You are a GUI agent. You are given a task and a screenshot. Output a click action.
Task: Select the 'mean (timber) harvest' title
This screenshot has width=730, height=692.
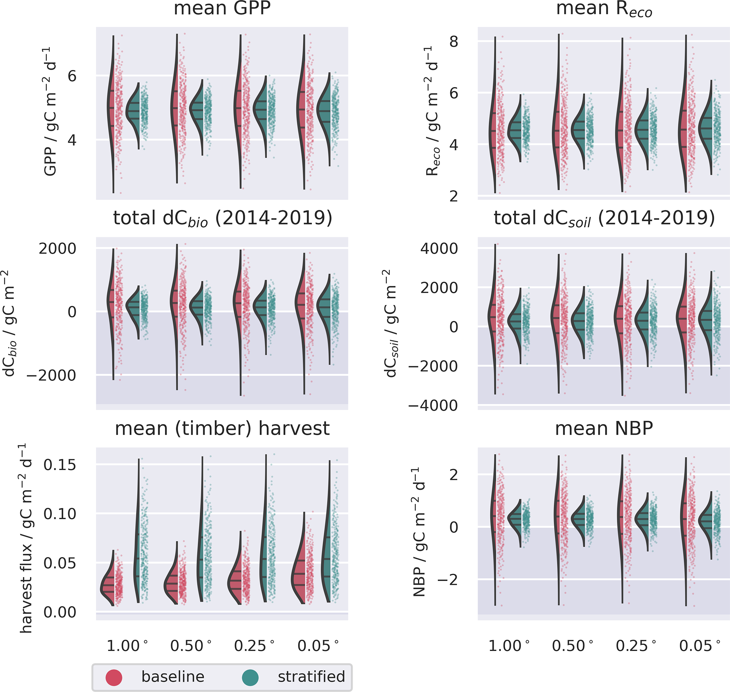(222, 428)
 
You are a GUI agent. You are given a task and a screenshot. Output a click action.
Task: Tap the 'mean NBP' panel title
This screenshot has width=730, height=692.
(604, 428)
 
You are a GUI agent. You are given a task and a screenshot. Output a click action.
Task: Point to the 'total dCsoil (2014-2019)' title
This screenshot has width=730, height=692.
(604, 218)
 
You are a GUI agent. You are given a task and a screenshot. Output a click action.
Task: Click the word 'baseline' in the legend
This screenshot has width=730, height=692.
(173, 676)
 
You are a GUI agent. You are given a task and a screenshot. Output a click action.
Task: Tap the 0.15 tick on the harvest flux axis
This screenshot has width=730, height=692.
(60, 465)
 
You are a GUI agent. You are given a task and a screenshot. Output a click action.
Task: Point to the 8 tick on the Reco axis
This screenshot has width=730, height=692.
(453, 42)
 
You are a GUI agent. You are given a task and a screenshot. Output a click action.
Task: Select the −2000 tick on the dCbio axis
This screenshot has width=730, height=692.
(51, 375)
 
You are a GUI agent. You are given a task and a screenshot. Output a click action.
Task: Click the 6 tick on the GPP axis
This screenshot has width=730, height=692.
(72, 76)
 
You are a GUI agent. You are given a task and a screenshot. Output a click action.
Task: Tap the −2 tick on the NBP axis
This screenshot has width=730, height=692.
(447, 580)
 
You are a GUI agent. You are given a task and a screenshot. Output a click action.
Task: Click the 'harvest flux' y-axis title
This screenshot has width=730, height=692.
(26, 539)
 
